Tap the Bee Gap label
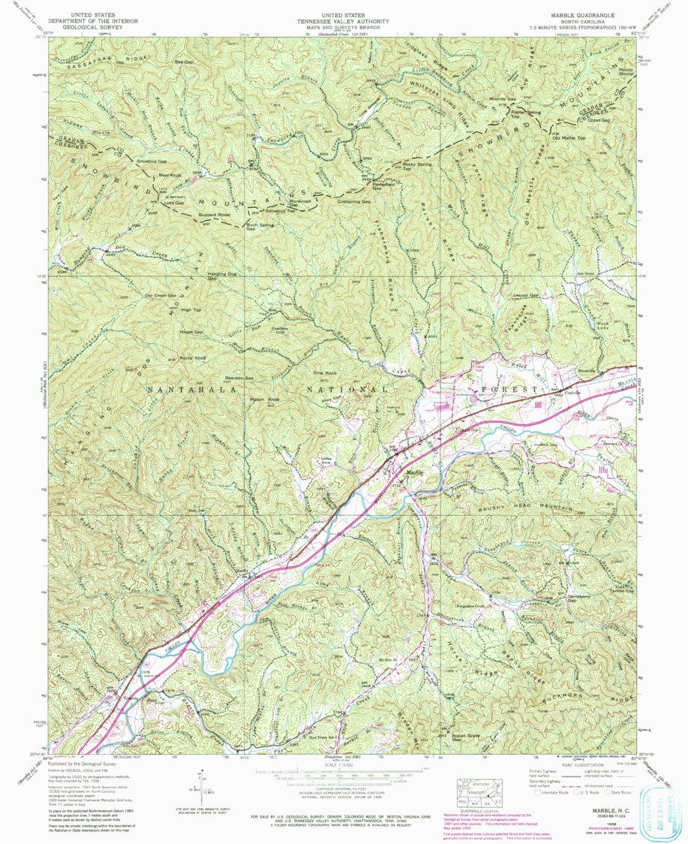pos(183,61)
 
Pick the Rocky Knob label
pos(193,358)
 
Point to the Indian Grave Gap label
pos(465,738)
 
